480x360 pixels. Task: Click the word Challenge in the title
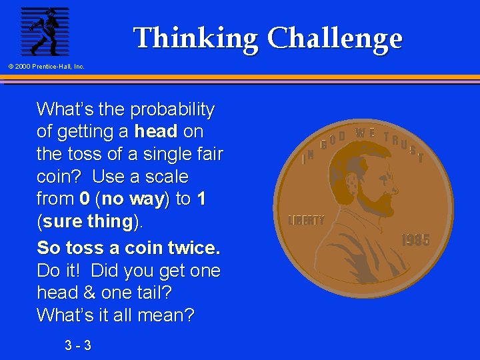335,38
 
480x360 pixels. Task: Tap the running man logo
45,31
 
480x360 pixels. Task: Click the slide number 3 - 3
78,345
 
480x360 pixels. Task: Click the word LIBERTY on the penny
306,220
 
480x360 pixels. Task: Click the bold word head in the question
155,131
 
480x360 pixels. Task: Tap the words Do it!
60,271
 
